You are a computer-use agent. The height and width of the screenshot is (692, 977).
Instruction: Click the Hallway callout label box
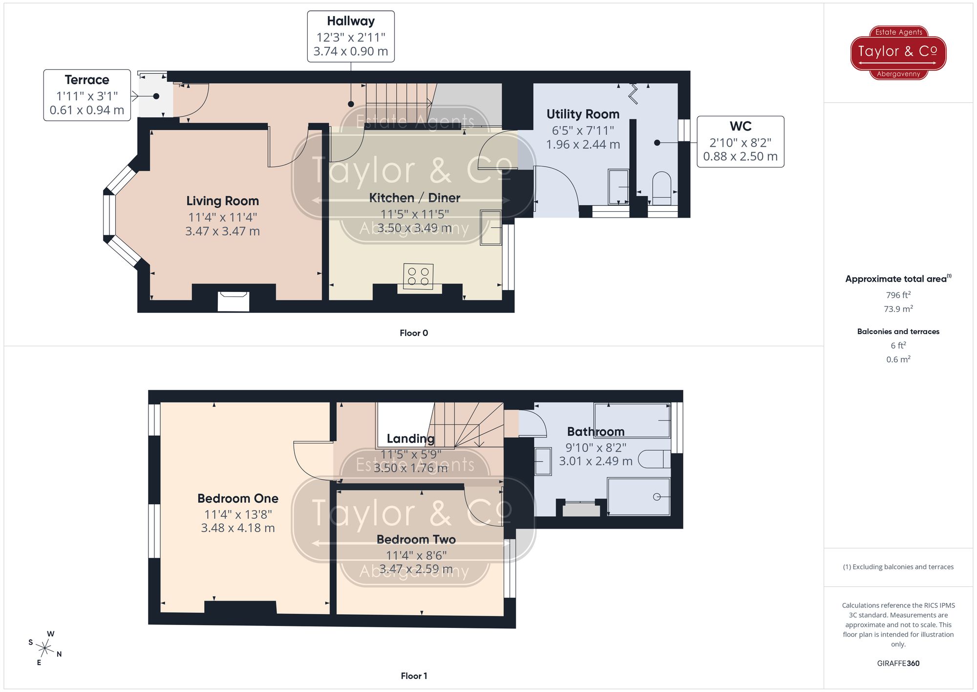coord(350,37)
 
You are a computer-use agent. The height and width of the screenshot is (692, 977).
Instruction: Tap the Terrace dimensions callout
coord(87,95)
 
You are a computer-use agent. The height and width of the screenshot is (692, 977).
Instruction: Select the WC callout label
coord(740,142)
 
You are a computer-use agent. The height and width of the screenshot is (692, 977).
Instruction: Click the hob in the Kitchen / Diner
coord(418,276)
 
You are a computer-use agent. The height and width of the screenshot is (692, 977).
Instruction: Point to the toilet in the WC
coord(662,188)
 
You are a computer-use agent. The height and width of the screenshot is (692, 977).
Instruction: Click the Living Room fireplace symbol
coord(234,301)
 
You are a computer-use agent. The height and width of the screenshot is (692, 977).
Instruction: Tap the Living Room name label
coord(222,201)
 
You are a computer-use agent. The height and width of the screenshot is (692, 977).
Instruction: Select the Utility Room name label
coord(583,114)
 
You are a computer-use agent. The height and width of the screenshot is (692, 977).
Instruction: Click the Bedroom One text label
coord(238,498)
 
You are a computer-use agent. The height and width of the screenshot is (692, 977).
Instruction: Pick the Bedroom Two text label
coord(416,539)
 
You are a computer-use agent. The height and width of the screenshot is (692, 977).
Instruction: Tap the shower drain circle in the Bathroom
coord(657,497)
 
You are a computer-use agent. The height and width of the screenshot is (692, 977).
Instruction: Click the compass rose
coord(45,649)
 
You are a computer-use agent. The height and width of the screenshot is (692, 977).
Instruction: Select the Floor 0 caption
coord(414,333)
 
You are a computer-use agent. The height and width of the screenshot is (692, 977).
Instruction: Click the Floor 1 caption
coord(414,676)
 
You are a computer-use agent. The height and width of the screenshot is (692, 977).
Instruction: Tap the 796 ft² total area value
coord(898,295)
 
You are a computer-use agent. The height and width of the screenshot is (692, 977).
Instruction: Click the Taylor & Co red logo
coord(898,52)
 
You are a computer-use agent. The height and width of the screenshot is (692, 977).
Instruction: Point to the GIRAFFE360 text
coord(898,664)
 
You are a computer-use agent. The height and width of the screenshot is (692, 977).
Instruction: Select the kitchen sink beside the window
coord(490,227)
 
